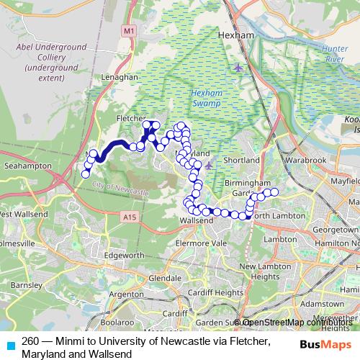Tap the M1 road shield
click(129, 30)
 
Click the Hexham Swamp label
click(209, 97)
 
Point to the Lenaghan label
click(119, 76)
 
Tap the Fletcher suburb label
click(131, 115)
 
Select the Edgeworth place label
click(124, 254)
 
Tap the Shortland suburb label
click(241, 160)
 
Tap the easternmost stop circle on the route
click(274, 192)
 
